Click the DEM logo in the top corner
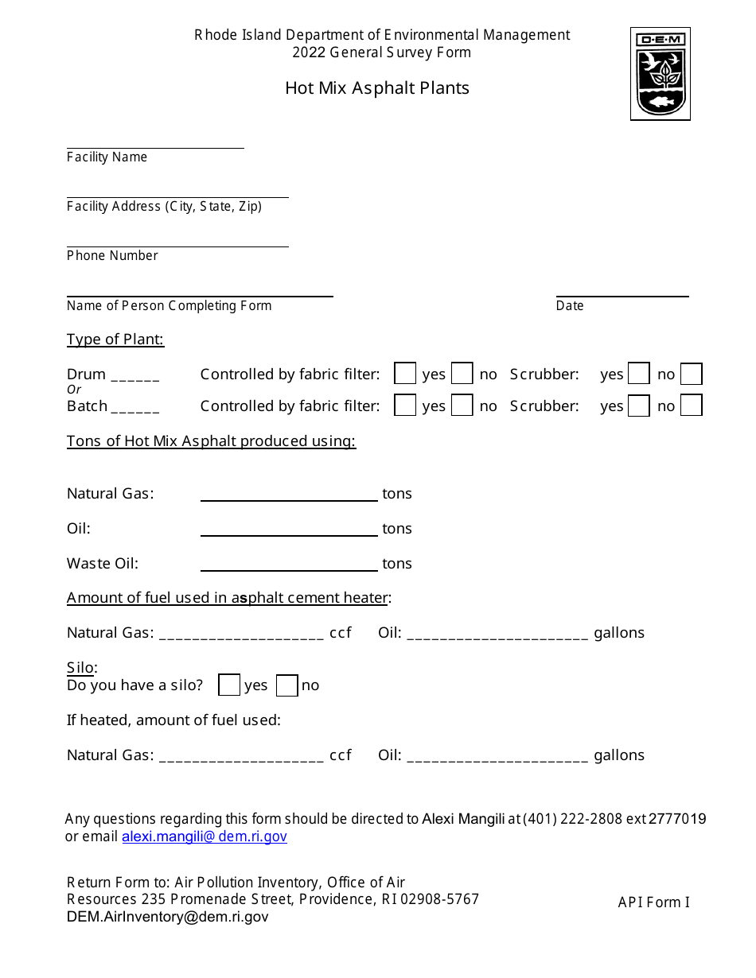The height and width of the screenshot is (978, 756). click(660, 74)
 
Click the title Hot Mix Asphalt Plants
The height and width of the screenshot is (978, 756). click(377, 88)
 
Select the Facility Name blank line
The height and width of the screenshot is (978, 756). click(155, 144)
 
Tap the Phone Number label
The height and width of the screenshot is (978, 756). click(112, 256)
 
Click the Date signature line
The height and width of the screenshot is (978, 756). click(622, 293)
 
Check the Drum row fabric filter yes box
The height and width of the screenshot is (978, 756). click(405, 374)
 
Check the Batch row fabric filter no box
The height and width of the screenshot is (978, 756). click(462, 406)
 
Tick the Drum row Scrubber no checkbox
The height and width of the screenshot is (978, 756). click(691, 374)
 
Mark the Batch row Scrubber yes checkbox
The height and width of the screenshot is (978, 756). click(638, 406)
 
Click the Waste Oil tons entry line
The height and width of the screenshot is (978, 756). click(289, 566)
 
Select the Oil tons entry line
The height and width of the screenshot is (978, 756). click(289, 531)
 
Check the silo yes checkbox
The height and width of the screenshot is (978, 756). click(229, 685)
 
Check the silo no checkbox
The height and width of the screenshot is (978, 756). click(287, 685)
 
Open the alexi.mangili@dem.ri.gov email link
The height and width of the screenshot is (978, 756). click(205, 836)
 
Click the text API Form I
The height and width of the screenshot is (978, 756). click(653, 902)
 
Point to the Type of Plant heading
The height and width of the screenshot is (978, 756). click(115, 340)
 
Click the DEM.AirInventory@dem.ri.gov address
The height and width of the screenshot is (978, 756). click(168, 917)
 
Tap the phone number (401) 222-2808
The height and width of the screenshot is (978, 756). click(572, 819)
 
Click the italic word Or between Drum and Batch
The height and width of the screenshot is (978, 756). click(74, 390)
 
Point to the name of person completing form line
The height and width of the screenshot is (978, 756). click(200, 293)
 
